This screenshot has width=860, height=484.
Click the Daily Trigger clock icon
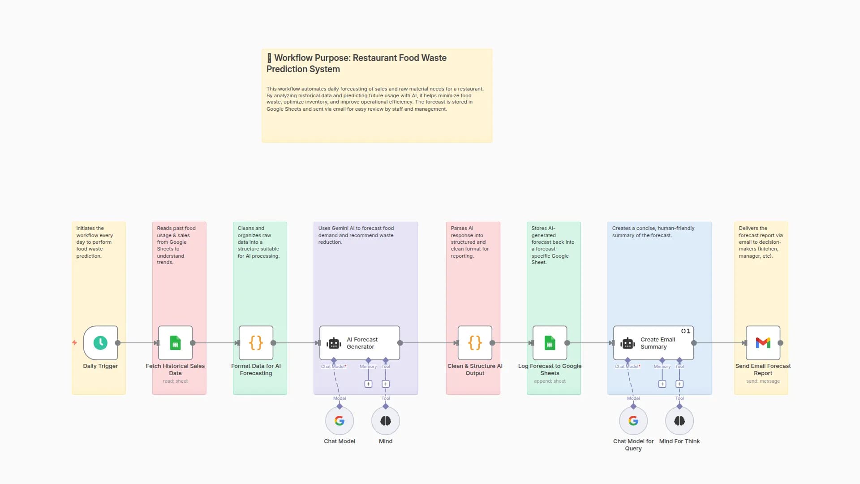100,343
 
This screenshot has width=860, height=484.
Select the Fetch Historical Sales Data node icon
175,343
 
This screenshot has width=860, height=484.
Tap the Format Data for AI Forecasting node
256,343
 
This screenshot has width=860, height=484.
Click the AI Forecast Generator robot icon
334,343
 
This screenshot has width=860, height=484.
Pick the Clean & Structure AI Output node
475,343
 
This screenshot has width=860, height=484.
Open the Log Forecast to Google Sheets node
550,343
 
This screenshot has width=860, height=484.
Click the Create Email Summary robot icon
628,343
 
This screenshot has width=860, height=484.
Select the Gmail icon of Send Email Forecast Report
763,343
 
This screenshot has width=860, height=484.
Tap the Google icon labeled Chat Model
340,421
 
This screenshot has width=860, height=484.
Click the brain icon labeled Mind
386,421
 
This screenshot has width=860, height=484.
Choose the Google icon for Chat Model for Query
633,421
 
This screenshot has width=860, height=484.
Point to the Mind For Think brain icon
679,421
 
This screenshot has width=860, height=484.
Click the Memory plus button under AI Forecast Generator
368,384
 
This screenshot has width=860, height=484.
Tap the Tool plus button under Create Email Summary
679,384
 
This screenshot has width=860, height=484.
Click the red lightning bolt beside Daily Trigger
74,343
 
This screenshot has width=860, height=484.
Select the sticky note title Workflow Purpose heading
356,63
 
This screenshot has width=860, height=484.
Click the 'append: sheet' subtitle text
550,381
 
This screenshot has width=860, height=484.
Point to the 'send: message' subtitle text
763,381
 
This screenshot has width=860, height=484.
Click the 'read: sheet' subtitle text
175,381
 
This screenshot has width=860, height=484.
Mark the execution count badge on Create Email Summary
686,331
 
